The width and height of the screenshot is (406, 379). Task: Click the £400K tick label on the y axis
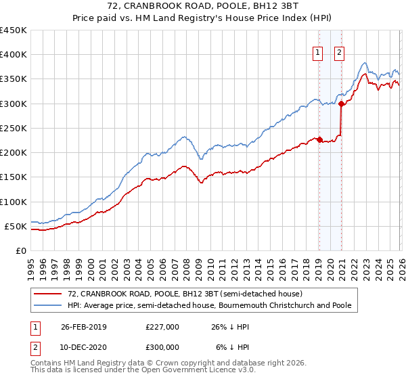14,55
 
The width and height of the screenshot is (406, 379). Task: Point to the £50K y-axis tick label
16,226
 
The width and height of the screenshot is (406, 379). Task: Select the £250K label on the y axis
14,129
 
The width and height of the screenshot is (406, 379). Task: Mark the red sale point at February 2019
319,139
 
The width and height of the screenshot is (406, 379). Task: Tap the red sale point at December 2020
341,104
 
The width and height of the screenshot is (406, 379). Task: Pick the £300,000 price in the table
162,347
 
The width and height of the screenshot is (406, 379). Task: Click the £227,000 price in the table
162,326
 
